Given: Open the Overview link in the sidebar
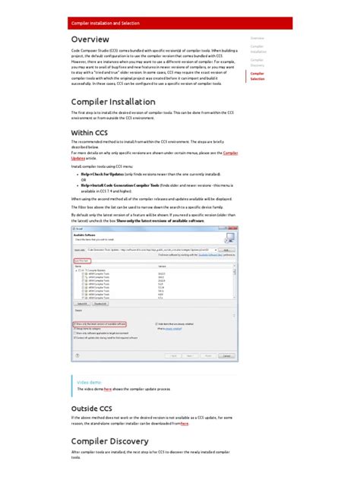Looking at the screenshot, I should coord(257,37).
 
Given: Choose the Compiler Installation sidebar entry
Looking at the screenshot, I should coord(258,49).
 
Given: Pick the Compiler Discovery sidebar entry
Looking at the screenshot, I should coord(257,62).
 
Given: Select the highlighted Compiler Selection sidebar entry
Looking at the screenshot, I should coord(258,75).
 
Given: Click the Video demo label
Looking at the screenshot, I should coord(89,383).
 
